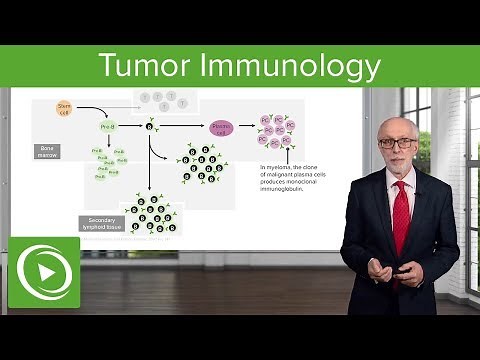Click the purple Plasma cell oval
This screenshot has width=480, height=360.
221,127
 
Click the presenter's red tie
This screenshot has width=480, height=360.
400,206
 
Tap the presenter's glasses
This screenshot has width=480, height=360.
397,142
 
